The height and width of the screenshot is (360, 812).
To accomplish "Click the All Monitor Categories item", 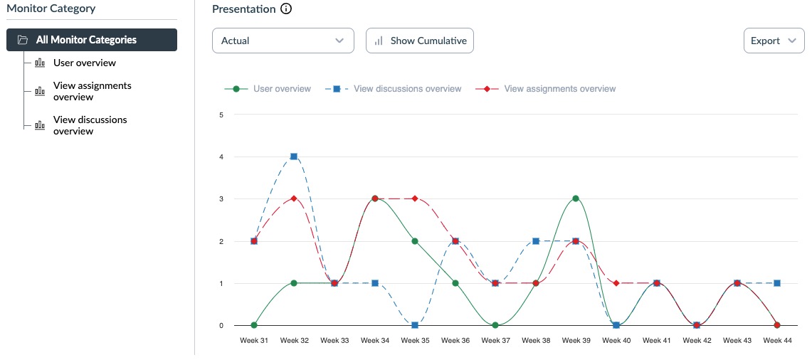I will tap(91, 40).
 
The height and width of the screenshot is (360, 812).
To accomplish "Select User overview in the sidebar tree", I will tap(84, 63).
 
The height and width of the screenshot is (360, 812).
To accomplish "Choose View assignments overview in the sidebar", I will tap(92, 91).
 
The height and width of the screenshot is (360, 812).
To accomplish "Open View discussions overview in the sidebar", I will tap(90, 125).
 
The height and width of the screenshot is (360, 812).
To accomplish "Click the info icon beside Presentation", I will tap(286, 9).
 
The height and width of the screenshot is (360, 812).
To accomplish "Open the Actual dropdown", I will tap(283, 41).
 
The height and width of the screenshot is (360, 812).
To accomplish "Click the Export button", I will tap(773, 41).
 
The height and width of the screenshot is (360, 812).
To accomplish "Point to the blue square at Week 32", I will tap(294, 157).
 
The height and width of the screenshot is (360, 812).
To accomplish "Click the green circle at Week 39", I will tap(576, 198).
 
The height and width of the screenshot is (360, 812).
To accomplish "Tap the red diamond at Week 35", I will tap(415, 198).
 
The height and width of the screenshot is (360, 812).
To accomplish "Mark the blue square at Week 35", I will tap(415, 325).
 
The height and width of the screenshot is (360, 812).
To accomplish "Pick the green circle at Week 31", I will tap(254, 325).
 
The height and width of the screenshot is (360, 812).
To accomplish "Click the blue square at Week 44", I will tap(777, 283).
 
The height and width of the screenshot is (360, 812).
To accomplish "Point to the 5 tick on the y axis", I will tap(221, 115).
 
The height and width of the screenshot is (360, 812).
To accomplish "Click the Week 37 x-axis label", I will tap(495, 341).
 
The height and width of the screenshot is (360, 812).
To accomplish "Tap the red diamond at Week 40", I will tap(616, 283).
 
